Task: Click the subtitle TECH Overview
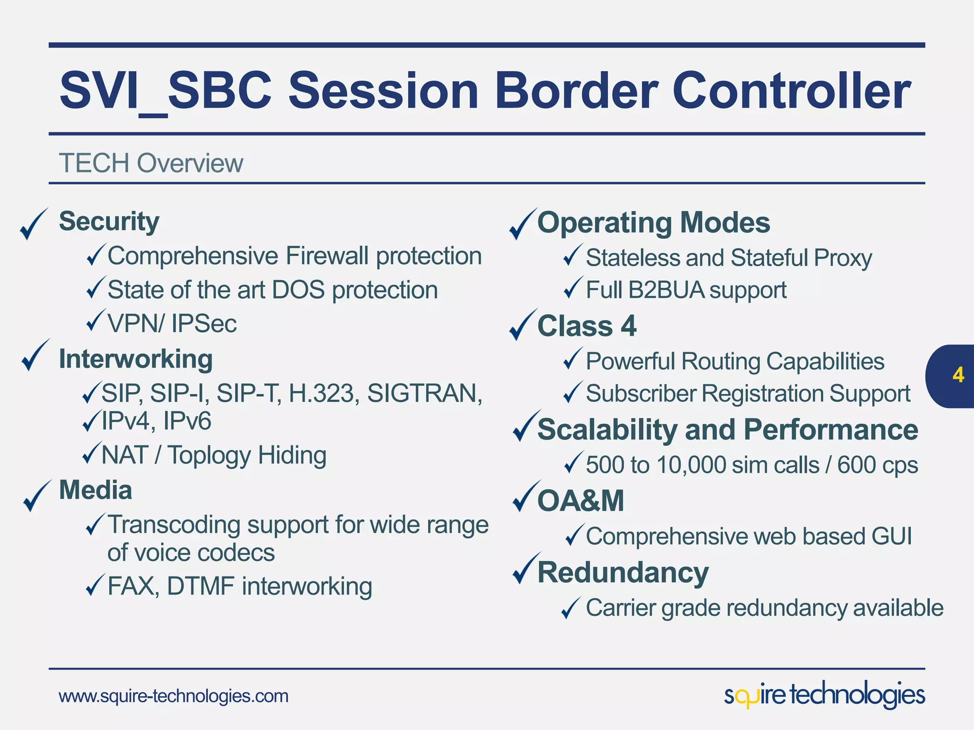[x=151, y=163]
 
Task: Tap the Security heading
[x=109, y=221]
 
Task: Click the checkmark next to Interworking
[x=35, y=355]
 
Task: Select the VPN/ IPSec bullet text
[x=172, y=324]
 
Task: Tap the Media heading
[x=95, y=490]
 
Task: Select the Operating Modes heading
[x=653, y=222]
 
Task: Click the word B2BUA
[x=666, y=290]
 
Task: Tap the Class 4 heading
[x=586, y=326]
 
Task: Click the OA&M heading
[x=580, y=500]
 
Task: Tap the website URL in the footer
[x=173, y=696]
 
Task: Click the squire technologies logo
[x=824, y=695]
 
